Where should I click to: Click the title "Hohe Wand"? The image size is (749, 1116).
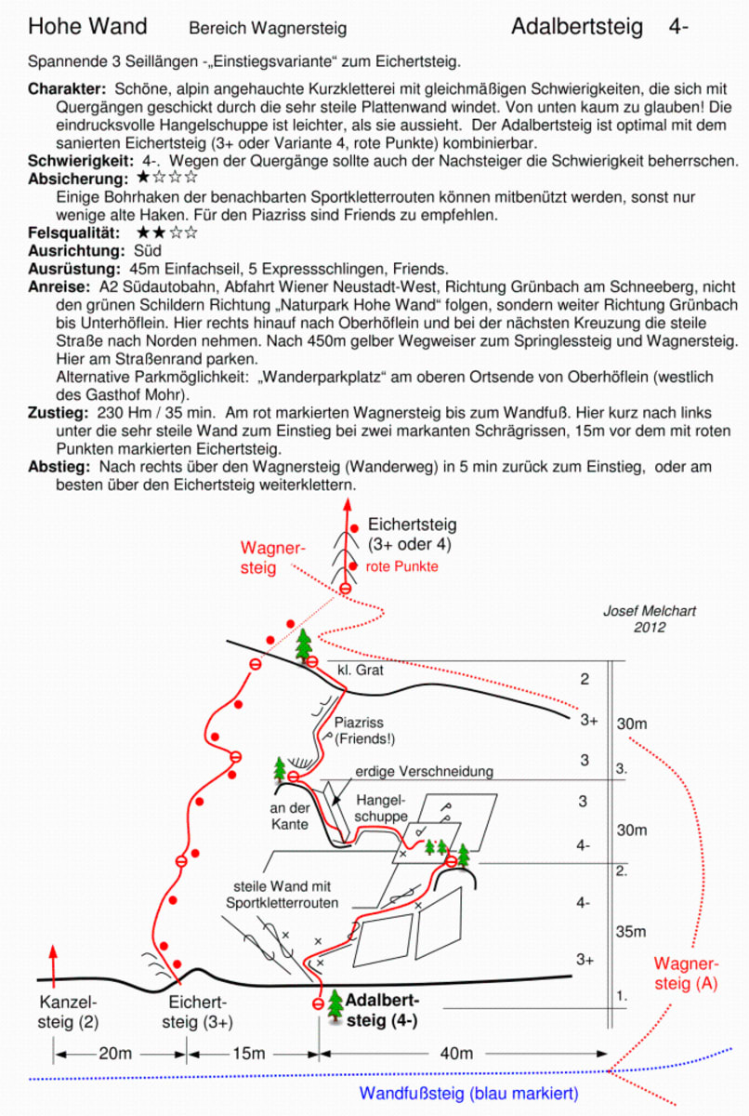tap(87, 26)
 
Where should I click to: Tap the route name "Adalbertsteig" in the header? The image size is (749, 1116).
tap(577, 26)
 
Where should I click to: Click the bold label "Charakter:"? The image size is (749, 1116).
tap(67, 89)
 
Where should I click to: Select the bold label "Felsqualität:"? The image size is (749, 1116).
tap(73, 232)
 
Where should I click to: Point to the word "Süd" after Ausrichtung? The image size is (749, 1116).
tap(148, 250)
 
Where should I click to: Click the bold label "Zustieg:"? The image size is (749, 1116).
tap(59, 413)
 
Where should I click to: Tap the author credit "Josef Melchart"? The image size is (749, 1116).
tap(650, 611)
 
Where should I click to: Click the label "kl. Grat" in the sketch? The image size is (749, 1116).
tap(361, 671)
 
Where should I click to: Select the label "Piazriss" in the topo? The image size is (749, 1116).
tap(359, 722)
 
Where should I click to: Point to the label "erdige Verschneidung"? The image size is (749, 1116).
tap(424, 771)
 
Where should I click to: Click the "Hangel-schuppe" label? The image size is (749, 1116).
tap(381, 808)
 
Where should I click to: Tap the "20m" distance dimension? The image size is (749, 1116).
tap(115, 1053)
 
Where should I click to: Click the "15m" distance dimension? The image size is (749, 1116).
tap(249, 1053)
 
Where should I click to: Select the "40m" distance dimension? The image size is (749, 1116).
tap(456, 1053)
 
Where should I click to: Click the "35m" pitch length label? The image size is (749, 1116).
tap(631, 932)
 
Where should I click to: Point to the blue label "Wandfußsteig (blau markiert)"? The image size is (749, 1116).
tap(468, 1093)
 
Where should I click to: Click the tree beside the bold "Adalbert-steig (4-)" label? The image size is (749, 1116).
tap(335, 1006)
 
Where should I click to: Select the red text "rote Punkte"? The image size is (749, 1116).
tap(401, 566)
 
